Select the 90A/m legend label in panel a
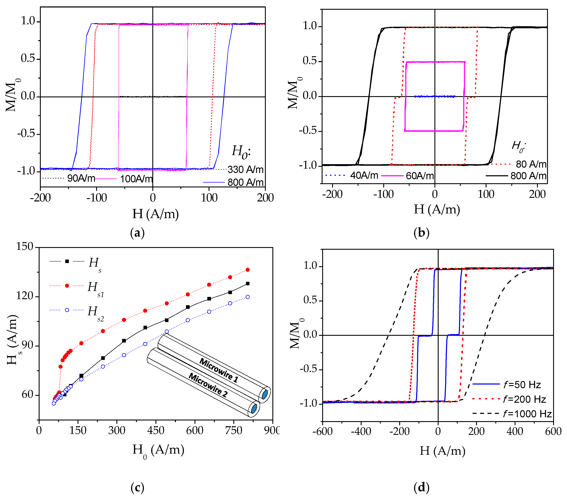[81, 178]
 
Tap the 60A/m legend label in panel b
[420, 176]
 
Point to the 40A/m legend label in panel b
[364, 175]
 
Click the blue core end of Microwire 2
[253, 409]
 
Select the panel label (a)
[137, 233]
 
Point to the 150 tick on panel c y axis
[25, 246]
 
